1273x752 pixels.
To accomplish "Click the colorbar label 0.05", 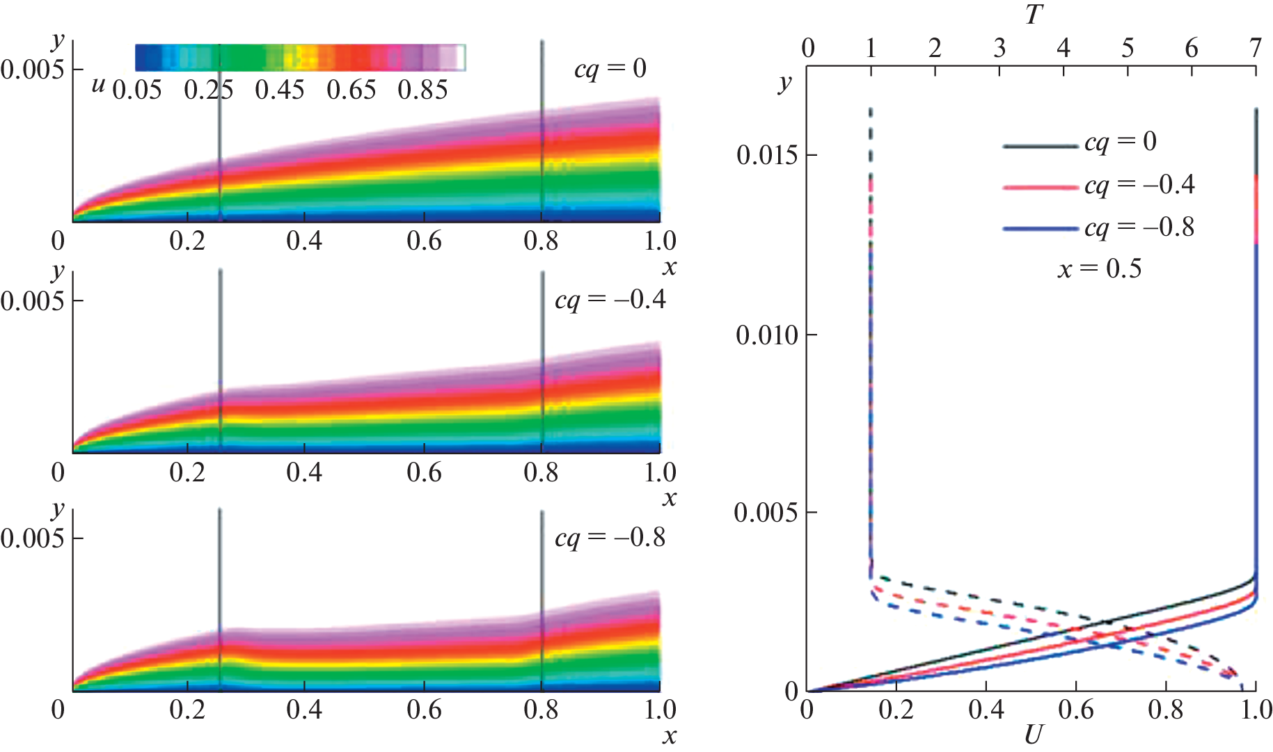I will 137,90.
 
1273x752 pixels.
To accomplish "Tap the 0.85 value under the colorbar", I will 422,90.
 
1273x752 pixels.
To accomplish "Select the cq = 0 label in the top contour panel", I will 610,68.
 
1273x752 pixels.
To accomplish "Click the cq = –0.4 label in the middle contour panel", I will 610,300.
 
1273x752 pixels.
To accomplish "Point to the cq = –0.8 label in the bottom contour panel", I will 610,538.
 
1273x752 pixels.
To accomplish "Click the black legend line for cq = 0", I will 1040,146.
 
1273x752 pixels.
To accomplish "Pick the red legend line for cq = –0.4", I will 1040,187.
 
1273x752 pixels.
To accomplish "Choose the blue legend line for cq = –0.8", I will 1040,229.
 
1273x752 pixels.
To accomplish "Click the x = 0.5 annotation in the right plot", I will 1100,269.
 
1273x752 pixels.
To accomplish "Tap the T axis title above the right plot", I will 1034,14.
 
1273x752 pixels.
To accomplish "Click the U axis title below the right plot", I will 1034,735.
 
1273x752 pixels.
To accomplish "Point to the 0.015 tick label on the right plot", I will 766,155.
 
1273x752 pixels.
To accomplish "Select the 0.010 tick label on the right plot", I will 766,335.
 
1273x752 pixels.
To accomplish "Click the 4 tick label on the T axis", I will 1064,48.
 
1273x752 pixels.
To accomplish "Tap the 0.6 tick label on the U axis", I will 1076,710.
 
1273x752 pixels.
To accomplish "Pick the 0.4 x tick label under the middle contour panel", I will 304,472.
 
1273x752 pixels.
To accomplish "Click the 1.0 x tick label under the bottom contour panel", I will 659,710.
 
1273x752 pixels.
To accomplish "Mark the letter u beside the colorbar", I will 99,85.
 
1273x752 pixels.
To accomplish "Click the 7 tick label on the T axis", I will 1255,48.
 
